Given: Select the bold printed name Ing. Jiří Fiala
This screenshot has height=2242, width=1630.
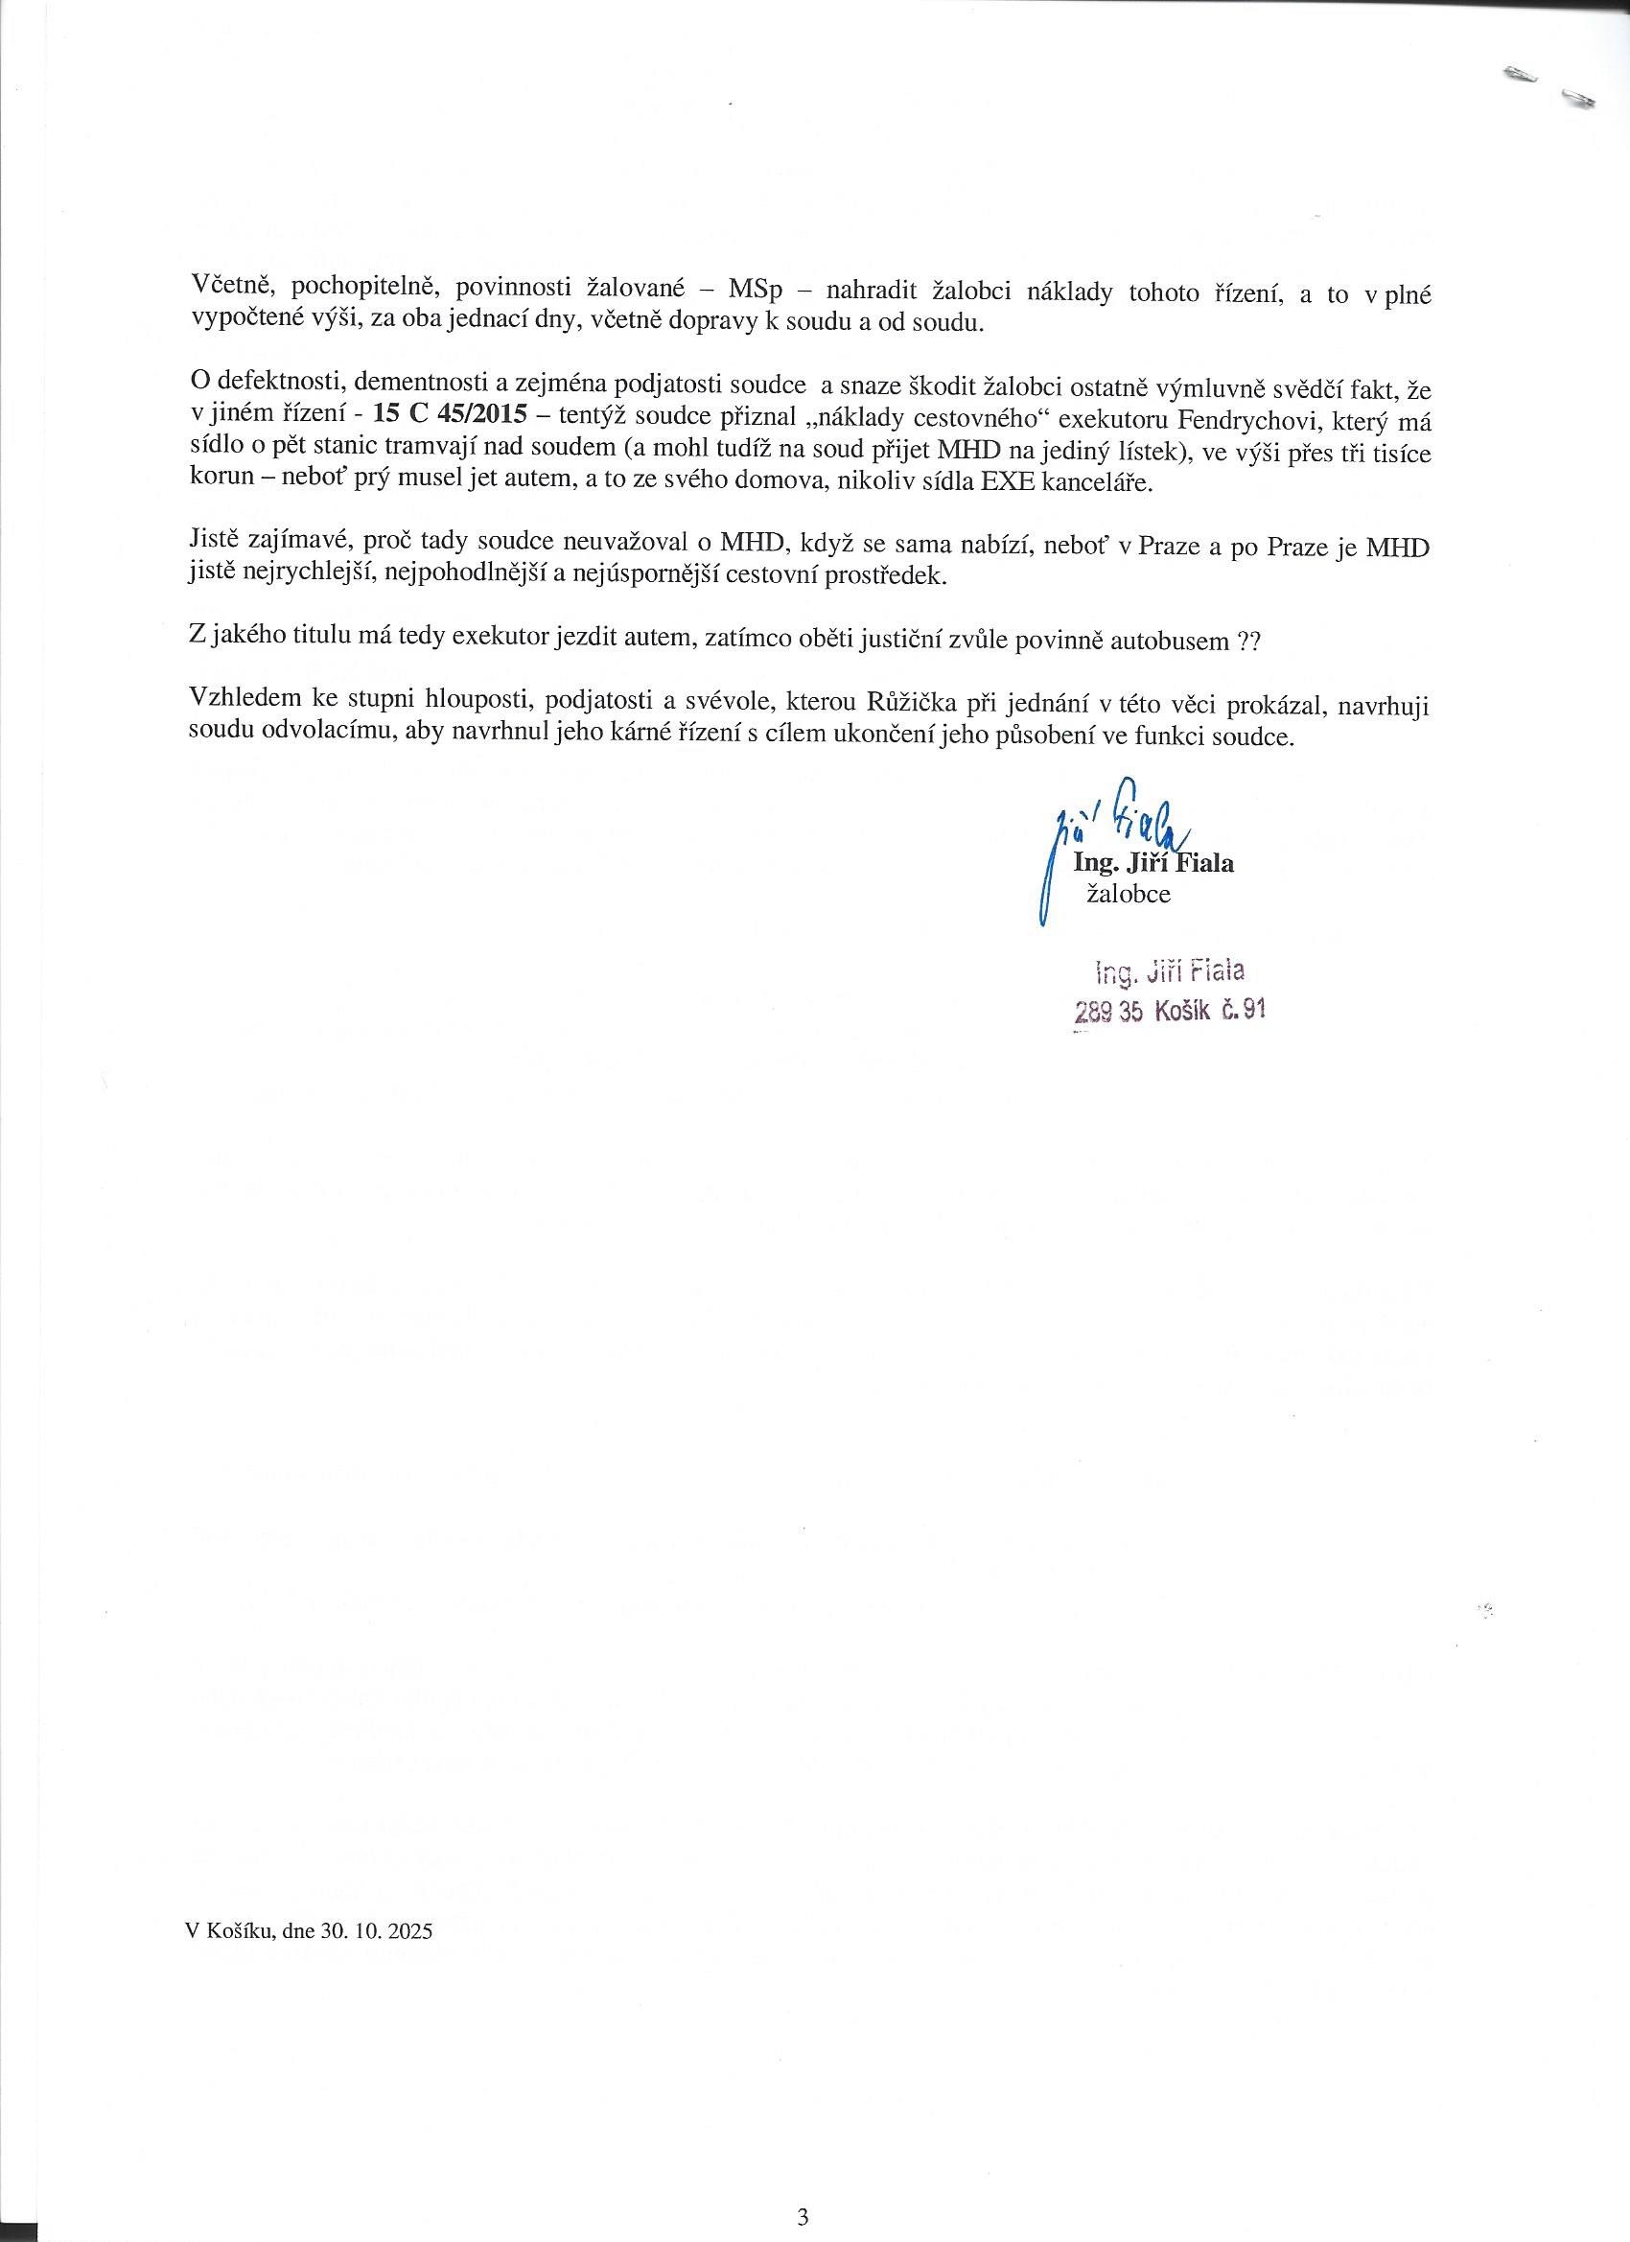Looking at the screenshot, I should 1153,863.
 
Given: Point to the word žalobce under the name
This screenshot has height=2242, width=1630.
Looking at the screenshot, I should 1129,894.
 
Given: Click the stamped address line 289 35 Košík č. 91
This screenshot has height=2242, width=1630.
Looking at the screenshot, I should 1170,1011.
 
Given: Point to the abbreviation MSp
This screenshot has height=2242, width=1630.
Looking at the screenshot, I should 755,293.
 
